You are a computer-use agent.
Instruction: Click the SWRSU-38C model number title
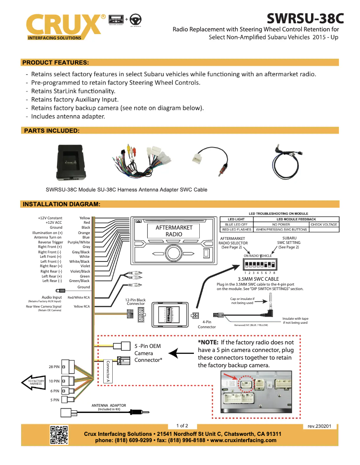click(305, 18)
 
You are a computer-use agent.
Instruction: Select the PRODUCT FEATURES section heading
click(55, 62)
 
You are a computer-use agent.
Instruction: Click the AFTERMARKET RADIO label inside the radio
click(174, 230)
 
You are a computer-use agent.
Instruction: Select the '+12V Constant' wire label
click(50, 218)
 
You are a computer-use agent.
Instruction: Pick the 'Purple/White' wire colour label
click(79, 242)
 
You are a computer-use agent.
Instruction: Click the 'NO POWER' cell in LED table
click(281, 224)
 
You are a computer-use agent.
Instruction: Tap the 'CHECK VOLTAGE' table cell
click(324, 224)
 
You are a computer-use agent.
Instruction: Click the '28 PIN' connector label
click(54, 367)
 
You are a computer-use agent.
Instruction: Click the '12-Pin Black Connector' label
click(135, 302)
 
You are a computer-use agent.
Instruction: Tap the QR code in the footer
click(59, 435)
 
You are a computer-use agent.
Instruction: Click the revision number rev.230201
click(319, 426)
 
